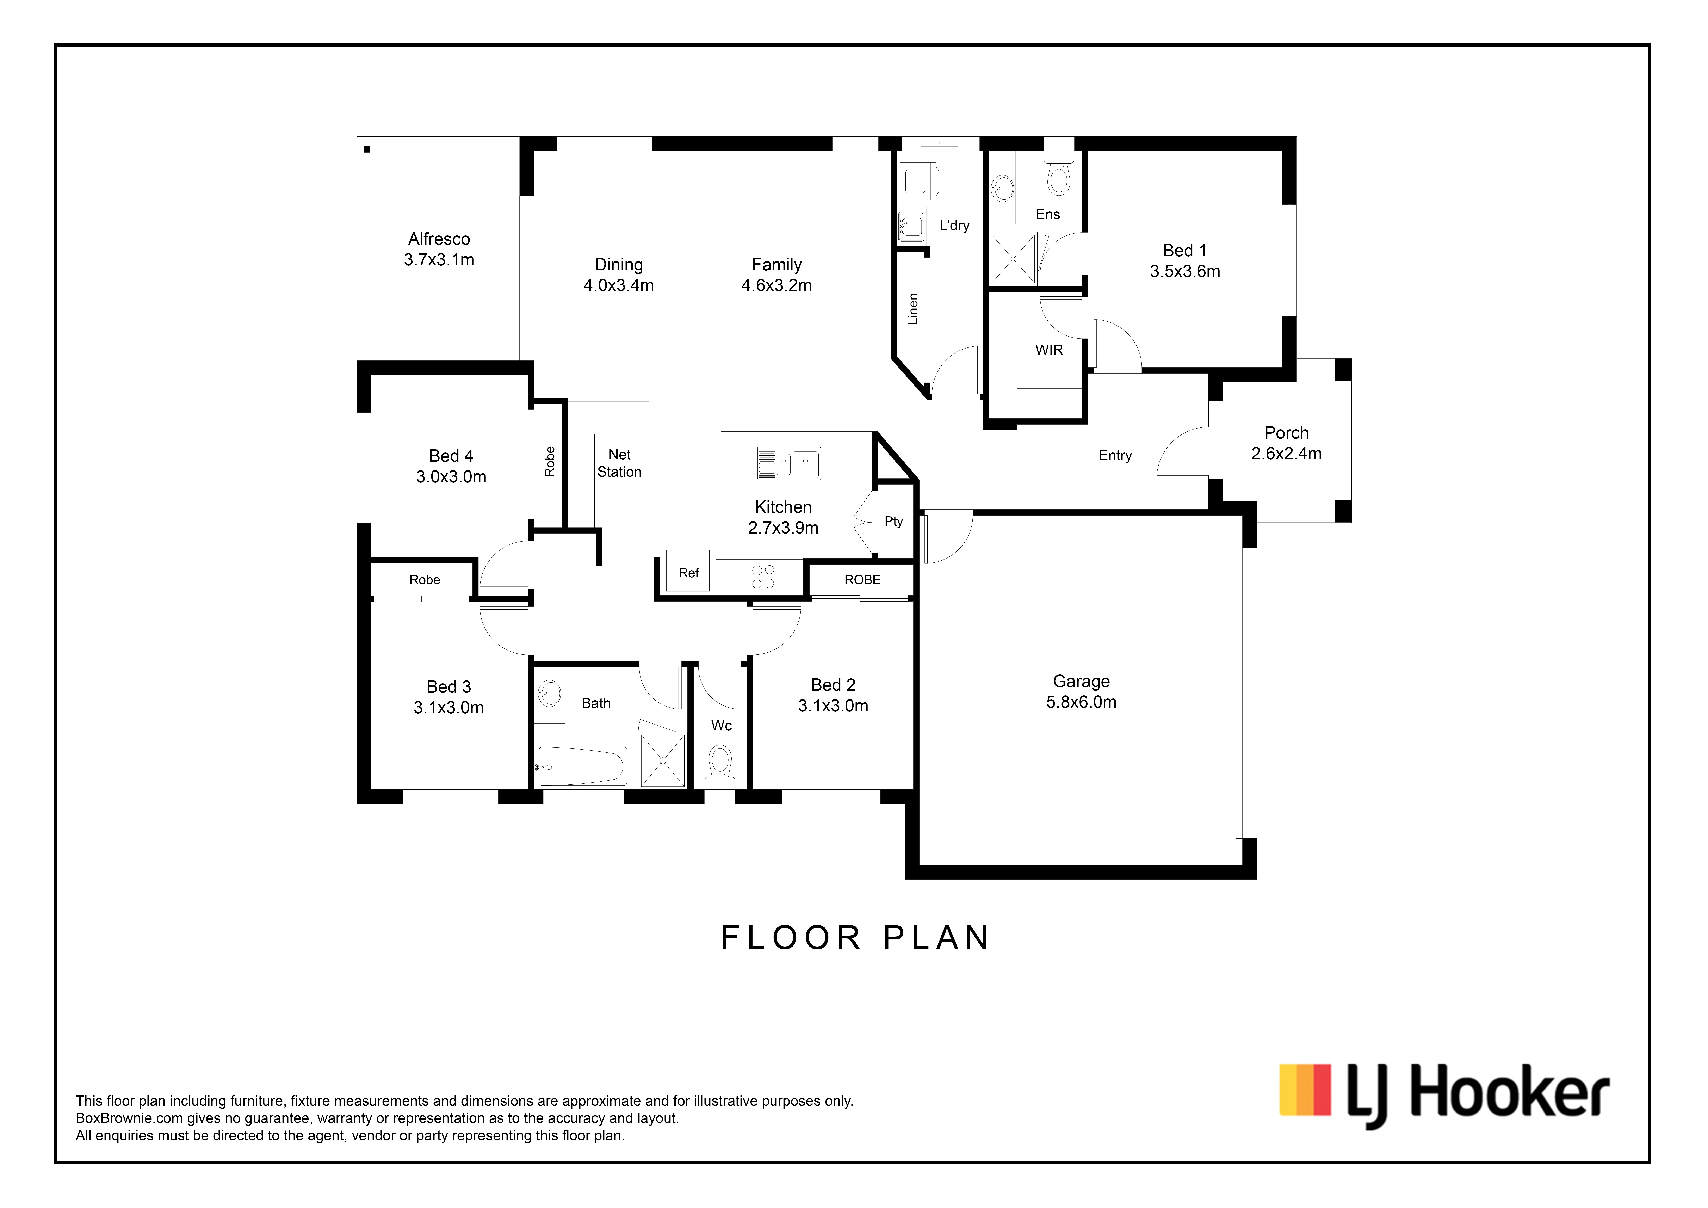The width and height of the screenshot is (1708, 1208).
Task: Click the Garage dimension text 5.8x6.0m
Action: click(x=1081, y=702)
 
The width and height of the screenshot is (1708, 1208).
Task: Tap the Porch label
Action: click(x=1286, y=433)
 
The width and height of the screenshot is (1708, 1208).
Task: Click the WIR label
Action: click(x=1049, y=350)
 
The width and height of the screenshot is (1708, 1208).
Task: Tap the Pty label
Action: click(x=893, y=522)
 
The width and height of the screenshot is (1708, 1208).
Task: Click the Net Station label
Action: click(x=619, y=463)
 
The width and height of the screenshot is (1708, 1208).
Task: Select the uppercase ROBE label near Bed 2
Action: click(x=862, y=579)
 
